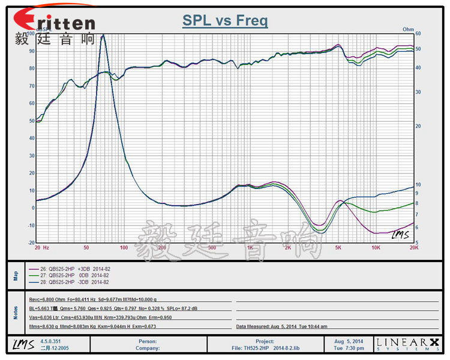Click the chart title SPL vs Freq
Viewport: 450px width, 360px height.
tap(225, 22)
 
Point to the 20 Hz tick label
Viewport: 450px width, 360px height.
tap(41, 247)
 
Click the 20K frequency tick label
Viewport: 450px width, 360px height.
tap(413, 247)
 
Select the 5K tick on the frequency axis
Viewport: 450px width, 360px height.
tap(338, 247)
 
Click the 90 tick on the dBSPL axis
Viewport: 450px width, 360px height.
tap(31, 51)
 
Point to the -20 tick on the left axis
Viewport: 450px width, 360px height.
tap(30, 242)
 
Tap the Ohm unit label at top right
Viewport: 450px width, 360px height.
tap(408, 29)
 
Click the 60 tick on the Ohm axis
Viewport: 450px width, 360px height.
tap(418, 34)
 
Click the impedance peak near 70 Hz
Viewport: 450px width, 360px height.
tap(103, 36)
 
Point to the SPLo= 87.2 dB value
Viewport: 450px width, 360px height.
tap(187, 308)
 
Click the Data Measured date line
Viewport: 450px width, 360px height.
tap(281, 327)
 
